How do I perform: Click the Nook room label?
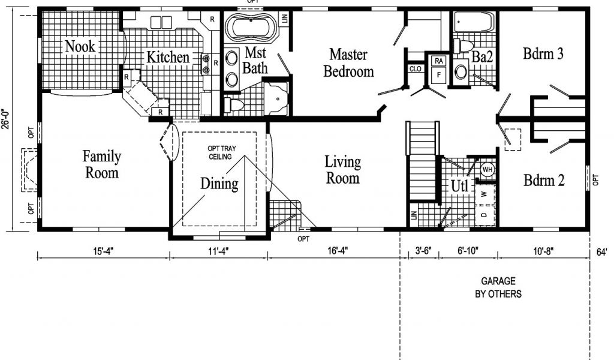[x=80, y=46]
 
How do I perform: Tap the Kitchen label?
[x=168, y=57]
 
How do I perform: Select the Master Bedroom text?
[x=348, y=63]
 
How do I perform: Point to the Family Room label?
[x=101, y=164]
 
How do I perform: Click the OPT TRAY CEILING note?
[x=222, y=153]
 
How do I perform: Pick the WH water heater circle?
[x=487, y=170]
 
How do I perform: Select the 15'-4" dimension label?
[x=103, y=251]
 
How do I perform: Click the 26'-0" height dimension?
[x=5, y=119]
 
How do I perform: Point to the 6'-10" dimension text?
[x=468, y=251]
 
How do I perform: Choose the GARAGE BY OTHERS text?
[x=498, y=287]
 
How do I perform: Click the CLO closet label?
[x=415, y=69]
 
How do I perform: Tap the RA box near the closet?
[x=438, y=61]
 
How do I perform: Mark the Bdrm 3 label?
[x=543, y=53]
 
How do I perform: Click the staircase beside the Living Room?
[x=422, y=161]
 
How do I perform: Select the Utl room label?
[x=459, y=186]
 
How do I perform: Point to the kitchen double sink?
[x=161, y=22]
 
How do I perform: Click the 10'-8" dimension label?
[x=543, y=251]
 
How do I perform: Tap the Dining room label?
[x=219, y=184]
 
